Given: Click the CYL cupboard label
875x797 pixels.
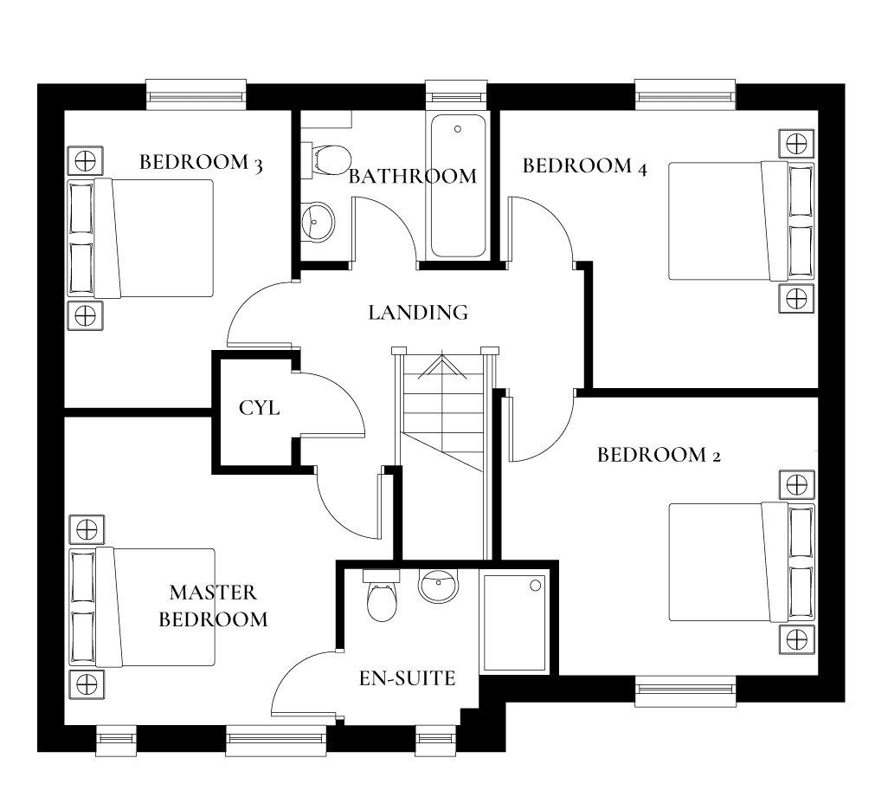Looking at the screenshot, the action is tap(259, 408).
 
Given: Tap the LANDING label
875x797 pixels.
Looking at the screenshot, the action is tap(418, 312).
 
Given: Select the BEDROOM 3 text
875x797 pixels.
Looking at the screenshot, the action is tap(201, 163).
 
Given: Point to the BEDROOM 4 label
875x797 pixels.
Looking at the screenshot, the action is tap(585, 165).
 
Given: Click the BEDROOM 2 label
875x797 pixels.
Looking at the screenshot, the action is tap(659, 455).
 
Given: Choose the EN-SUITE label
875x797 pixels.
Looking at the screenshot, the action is tap(407, 678).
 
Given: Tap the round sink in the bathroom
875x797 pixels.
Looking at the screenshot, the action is tap(318, 222).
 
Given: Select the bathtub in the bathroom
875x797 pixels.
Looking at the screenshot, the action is tap(458, 185).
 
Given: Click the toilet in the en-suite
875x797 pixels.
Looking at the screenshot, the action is tap(382, 596).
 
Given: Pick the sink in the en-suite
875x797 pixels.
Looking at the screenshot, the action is tap(439, 586).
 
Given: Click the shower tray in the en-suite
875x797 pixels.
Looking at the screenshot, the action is tap(514, 622).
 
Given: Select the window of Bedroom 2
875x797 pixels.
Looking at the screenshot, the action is tap(685, 691).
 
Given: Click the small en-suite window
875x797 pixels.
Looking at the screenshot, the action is tap(436, 741).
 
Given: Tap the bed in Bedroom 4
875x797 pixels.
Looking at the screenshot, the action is tap(741, 221).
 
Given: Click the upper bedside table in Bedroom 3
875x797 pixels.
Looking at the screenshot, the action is tap(85, 161).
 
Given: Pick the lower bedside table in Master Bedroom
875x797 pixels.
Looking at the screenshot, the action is tap(87, 684).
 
